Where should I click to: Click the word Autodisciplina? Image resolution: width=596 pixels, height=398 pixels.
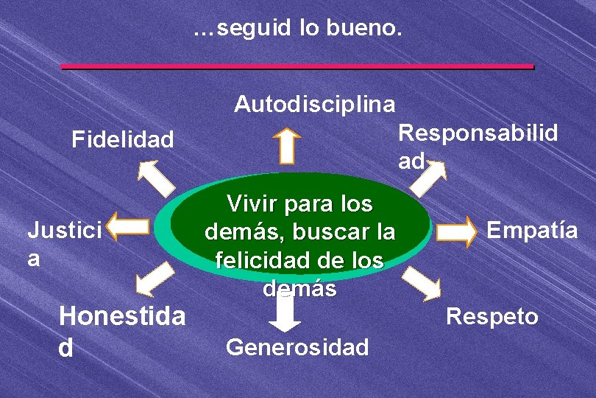coord(314,105)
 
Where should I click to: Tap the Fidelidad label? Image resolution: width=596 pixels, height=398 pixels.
coord(122,139)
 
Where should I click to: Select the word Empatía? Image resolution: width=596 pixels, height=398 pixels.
coord(533,231)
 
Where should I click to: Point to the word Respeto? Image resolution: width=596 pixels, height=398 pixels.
coord(493,317)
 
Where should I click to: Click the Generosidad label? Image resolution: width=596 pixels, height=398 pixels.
coord(297,346)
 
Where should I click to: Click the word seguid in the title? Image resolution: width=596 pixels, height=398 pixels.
coord(255,29)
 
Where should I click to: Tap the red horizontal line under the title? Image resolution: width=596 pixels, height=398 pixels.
coord(297,66)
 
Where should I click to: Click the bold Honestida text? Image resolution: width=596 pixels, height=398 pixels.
coord(122,317)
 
